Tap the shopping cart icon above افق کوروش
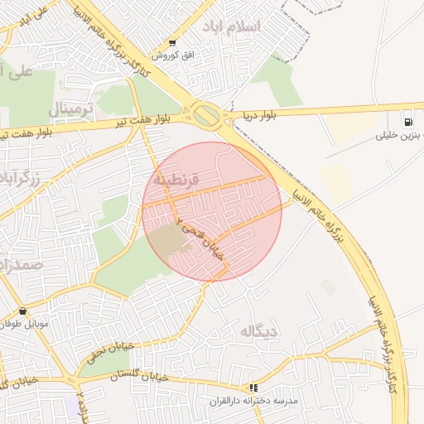[x=171, y=43]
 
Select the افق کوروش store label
[x=171, y=55]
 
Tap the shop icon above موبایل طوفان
[x=22, y=311]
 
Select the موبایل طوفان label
[x=26, y=324]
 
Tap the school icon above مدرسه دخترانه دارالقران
[x=253, y=388]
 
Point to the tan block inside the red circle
[x=168, y=240]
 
